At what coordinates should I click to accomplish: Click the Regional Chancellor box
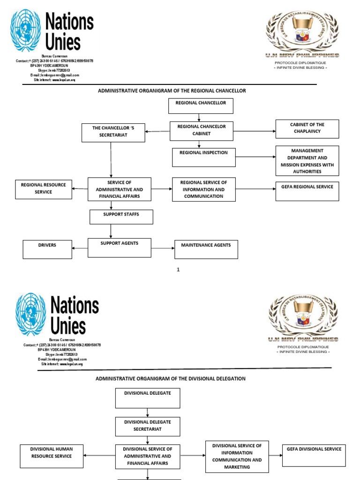pos(200,106)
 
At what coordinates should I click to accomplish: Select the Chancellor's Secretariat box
pos(113,133)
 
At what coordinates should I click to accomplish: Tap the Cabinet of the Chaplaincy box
pos(307,129)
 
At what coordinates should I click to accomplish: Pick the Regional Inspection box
pos(203,157)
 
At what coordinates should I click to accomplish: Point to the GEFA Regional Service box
pos(307,191)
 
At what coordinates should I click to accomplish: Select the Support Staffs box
pos(121,217)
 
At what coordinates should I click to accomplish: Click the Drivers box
pos(47,249)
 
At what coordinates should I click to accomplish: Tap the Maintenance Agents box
pos(206,249)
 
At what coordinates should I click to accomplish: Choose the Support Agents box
pos(120,247)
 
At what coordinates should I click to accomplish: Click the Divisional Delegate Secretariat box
pos(148,426)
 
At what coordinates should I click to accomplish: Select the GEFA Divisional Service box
pos(314,455)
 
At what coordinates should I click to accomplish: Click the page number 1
pos(178,270)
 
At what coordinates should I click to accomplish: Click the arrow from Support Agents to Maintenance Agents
pos(163,248)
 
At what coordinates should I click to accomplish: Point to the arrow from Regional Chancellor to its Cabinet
pos(199,118)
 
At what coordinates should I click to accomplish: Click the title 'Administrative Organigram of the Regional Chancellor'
pos(172,90)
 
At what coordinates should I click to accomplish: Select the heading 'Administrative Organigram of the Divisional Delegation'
pos(171,378)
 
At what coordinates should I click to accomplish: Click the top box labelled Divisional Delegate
pos(148,398)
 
